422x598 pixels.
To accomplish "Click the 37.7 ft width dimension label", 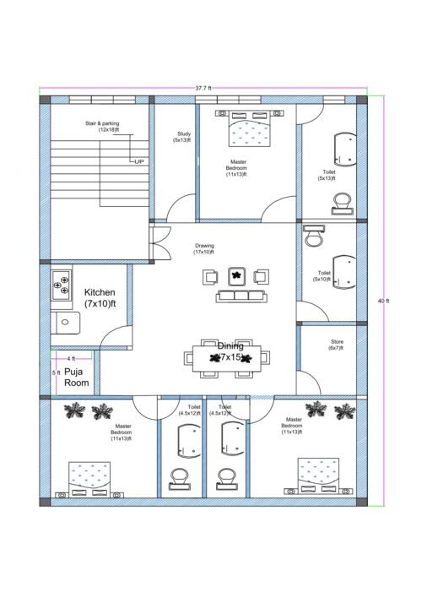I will pyautogui.click(x=203, y=87).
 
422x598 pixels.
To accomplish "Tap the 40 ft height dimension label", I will pyautogui.click(x=384, y=302).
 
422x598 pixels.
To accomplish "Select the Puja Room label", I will pyautogui.click(x=77, y=378).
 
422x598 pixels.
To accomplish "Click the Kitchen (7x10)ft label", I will pyautogui.click(x=100, y=297).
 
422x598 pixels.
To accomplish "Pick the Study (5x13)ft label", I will pyautogui.click(x=183, y=137).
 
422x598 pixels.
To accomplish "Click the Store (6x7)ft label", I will pyautogui.click(x=334, y=345).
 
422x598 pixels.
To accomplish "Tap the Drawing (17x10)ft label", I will pyautogui.click(x=204, y=249).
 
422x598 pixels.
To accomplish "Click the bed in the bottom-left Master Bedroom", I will pyautogui.click(x=89, y=477).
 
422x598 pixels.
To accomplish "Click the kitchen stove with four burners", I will pyautogui.click(x=60, y=283).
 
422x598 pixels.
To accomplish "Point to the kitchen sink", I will pyautogui.click(x=64, y=321).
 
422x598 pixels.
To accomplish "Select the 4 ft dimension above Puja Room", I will pyautogui.click(x=71, y=359).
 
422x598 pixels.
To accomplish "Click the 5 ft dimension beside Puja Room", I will pyautogui.click(x=56, y=372).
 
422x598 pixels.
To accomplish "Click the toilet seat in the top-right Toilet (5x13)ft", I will pyautogui.click(x=342, y=200).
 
